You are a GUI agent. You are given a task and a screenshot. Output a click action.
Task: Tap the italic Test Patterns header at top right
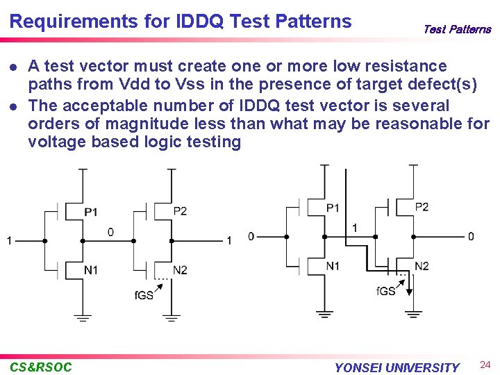click(x=456, y=29)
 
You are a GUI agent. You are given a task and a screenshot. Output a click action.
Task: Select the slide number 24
click(x=485, y=364)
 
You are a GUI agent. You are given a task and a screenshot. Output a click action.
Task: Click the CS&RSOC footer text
click(x=41, y=367)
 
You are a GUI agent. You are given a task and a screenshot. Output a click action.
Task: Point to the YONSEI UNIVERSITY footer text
click(x=397, y=367)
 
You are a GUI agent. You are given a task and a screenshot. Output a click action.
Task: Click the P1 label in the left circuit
click(x=91, y=211)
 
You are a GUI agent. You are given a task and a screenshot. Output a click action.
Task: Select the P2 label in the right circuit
click(x=422, y=207)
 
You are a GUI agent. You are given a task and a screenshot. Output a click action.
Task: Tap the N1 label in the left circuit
click(x=91, y=269)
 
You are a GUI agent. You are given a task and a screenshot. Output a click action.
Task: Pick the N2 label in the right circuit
click(x=422, y=266)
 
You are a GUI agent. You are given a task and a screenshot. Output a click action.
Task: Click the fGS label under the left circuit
click(x=144, y=296)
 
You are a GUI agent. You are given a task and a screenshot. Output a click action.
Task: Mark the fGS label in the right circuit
click(x=385, y=291)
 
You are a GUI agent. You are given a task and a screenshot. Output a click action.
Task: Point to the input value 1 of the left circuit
click(x=9, y=241)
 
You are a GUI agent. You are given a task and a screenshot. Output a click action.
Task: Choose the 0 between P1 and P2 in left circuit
click(x=111, y=232)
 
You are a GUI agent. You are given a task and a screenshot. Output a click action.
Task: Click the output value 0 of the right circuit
click(x=471, y=237)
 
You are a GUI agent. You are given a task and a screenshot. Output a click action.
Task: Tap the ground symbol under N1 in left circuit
click(x=83, y=318)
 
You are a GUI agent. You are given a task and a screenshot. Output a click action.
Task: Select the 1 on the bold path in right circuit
click(x=355, y=228)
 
